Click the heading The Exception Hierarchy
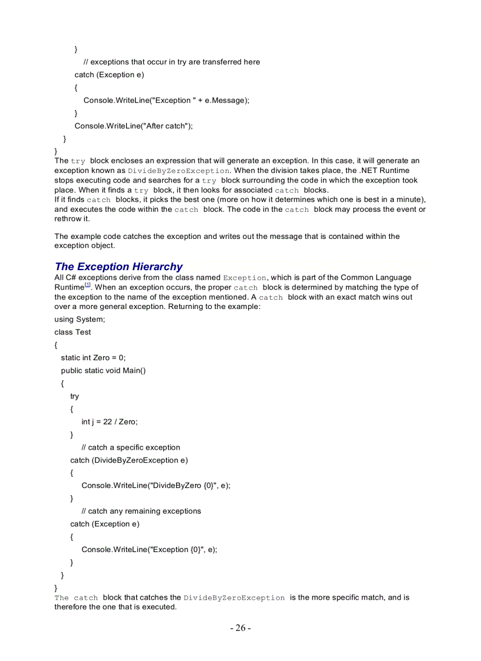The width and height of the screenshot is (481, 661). click(x=118, y=267)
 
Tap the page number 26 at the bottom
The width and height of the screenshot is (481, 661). click(x=240, y=628)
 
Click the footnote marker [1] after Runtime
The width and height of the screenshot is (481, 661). click(x=87, y=285)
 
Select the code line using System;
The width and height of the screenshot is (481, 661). click(x=80, y=319)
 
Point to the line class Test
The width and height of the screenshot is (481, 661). click(x=73, y=332)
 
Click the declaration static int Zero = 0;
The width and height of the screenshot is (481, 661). click(x=93, y=357)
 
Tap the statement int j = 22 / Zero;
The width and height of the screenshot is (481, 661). click(x=109, y=421)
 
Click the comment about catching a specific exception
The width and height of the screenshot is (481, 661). click(x=131, y=447)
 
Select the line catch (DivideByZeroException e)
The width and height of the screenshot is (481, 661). click(x=129, y=460)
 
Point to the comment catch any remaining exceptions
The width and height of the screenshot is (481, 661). click(x=141, y=511)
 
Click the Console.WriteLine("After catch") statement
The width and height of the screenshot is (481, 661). click(x=133, y=126)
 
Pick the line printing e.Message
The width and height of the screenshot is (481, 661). click(x=166, y=100)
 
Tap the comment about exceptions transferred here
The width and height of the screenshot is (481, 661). click(x=172, y=62)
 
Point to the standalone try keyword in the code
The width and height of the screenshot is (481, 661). click(x=74, y=396)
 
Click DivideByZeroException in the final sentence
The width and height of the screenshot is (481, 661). click(x=234, y=598)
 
